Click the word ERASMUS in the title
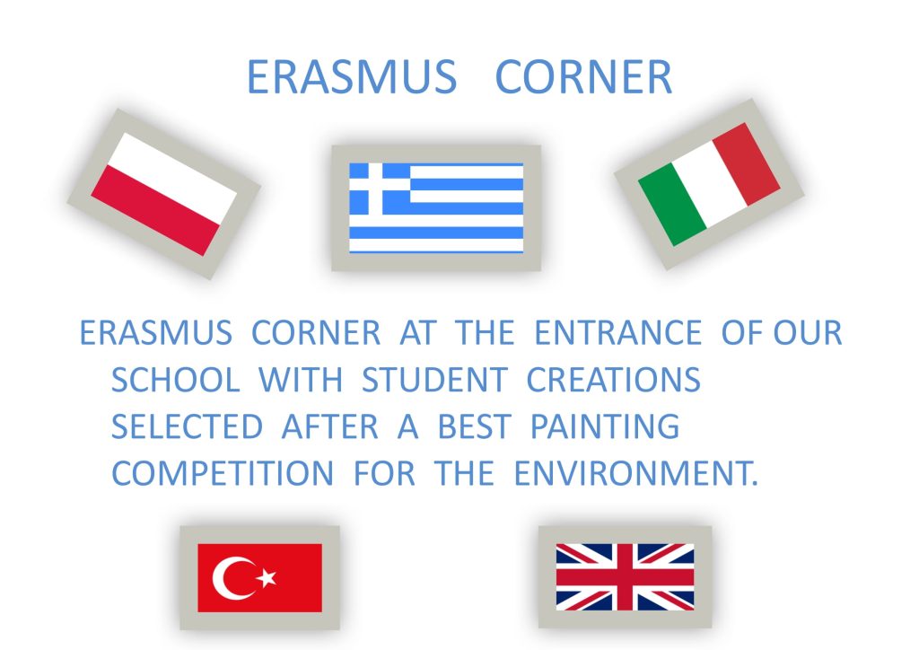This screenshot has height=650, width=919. point(352,77)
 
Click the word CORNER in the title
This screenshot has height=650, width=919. point(583,77)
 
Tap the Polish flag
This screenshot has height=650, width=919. point(164,194)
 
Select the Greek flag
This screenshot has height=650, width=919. point(436,208)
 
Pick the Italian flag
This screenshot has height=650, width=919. point(709,184)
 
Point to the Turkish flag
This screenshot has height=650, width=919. point(259,578)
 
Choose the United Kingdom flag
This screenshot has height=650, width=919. point(625,576)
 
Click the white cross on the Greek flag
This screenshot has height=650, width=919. point(376,189)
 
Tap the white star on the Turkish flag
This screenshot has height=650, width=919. point(267,577)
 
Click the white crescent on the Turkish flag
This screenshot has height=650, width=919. point(225,578)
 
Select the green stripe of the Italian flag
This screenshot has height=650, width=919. point(672,205)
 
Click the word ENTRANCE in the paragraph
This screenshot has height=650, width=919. point(618,333)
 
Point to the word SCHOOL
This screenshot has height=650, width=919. point(176,380)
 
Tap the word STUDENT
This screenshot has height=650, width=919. point(434,380)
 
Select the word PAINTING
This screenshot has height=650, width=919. point(605,426)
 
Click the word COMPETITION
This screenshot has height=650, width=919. point(223,473)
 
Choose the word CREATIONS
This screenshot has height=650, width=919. point(614,380)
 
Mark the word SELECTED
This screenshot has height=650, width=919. point(187,426)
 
